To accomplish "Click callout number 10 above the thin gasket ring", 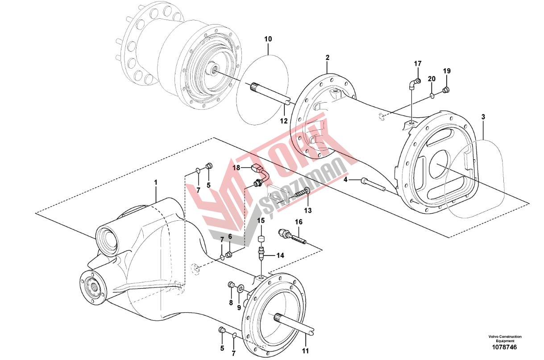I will (x=268, y=39).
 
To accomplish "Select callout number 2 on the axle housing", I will (x=328, y=58).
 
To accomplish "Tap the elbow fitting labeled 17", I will (x=415, y=83).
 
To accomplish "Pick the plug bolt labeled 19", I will (x=445, y=91).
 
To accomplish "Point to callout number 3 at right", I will (x=483, y=116).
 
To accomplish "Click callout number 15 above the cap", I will (x=261, y=221).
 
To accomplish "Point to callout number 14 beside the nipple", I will (x=280, y=256).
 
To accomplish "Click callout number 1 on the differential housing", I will (x=156, y=182).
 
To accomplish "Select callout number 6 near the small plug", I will (x=230, y=236).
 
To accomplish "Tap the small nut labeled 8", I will (x=231, y=285).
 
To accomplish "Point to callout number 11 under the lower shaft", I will (x=305, y=351).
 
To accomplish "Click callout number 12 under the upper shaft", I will (x=283, y=121).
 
